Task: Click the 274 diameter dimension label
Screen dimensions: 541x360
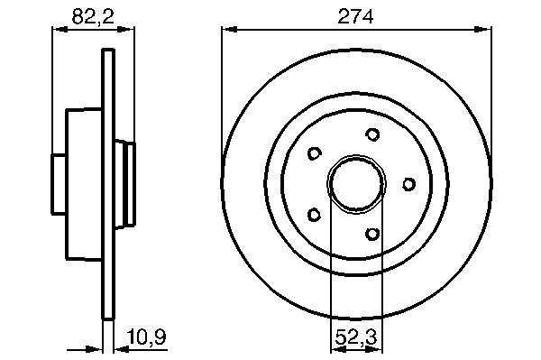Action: pyautogui.click(x=355, y=16)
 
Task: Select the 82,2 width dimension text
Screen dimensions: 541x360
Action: pyautogui.click(x=93, y=16)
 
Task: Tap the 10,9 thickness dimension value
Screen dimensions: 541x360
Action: pyautogui.click(x=147, y=337)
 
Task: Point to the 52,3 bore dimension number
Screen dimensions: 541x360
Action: pyautogui.click(x=356, y=337)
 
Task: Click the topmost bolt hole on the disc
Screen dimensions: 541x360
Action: pyautogui.click(x=372, y=134)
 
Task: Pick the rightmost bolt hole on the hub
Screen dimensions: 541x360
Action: pyautogui.click(x=408, y=184)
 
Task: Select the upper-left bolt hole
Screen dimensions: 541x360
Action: pyautogui.click(x=315, y=153)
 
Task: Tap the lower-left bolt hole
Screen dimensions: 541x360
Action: pyautogui.click(x=314, y=215)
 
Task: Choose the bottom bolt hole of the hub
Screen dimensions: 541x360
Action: pyautogui.click(x=372, y=234)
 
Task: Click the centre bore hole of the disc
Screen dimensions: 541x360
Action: pyautogui.click(x=356, y=184)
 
